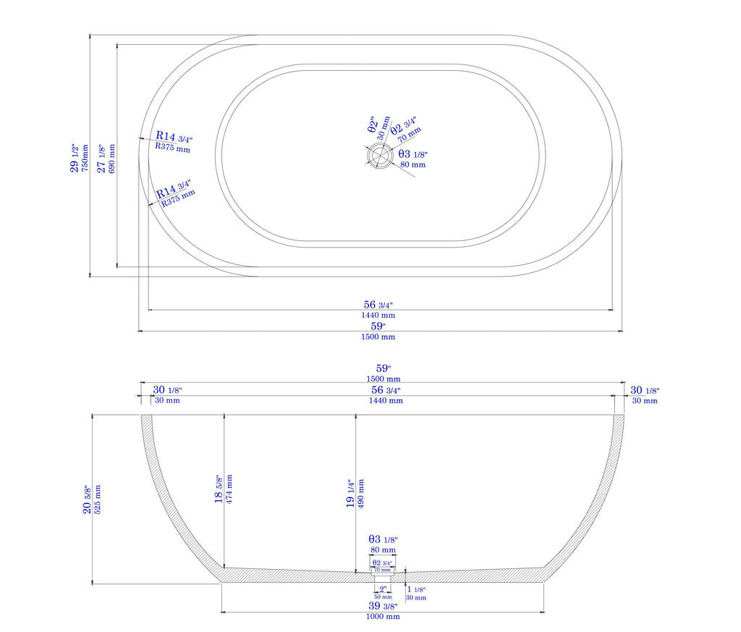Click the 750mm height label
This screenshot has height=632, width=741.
[85, 156]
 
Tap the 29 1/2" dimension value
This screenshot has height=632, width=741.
[75, 156]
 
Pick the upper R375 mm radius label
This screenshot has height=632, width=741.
[173, 148]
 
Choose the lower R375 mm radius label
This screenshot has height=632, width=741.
[178, 198]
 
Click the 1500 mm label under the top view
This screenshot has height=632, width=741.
[378, 337]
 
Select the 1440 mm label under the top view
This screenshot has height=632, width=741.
[378, 315]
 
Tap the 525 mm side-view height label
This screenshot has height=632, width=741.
[98, 499]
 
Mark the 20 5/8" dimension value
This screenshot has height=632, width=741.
[87, 499]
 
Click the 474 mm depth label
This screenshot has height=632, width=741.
[229, 491]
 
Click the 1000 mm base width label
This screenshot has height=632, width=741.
[383, 617]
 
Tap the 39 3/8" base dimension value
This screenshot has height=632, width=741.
[383, 606]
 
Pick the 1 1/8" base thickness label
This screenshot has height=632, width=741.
[415, 589]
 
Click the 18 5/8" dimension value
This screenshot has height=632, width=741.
[219, 491]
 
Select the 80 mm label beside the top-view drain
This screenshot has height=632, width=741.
[413, 164]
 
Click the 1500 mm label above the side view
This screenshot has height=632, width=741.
[383, 379]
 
